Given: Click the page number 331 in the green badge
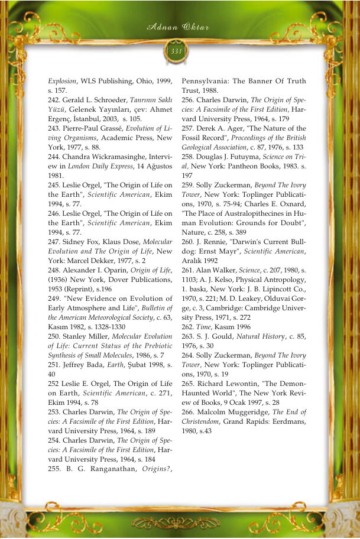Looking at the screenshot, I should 176,51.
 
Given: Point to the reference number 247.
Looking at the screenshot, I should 56,242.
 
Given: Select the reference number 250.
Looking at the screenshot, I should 56,336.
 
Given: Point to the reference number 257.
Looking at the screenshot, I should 189,128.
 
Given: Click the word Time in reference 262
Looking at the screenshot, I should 205,327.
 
